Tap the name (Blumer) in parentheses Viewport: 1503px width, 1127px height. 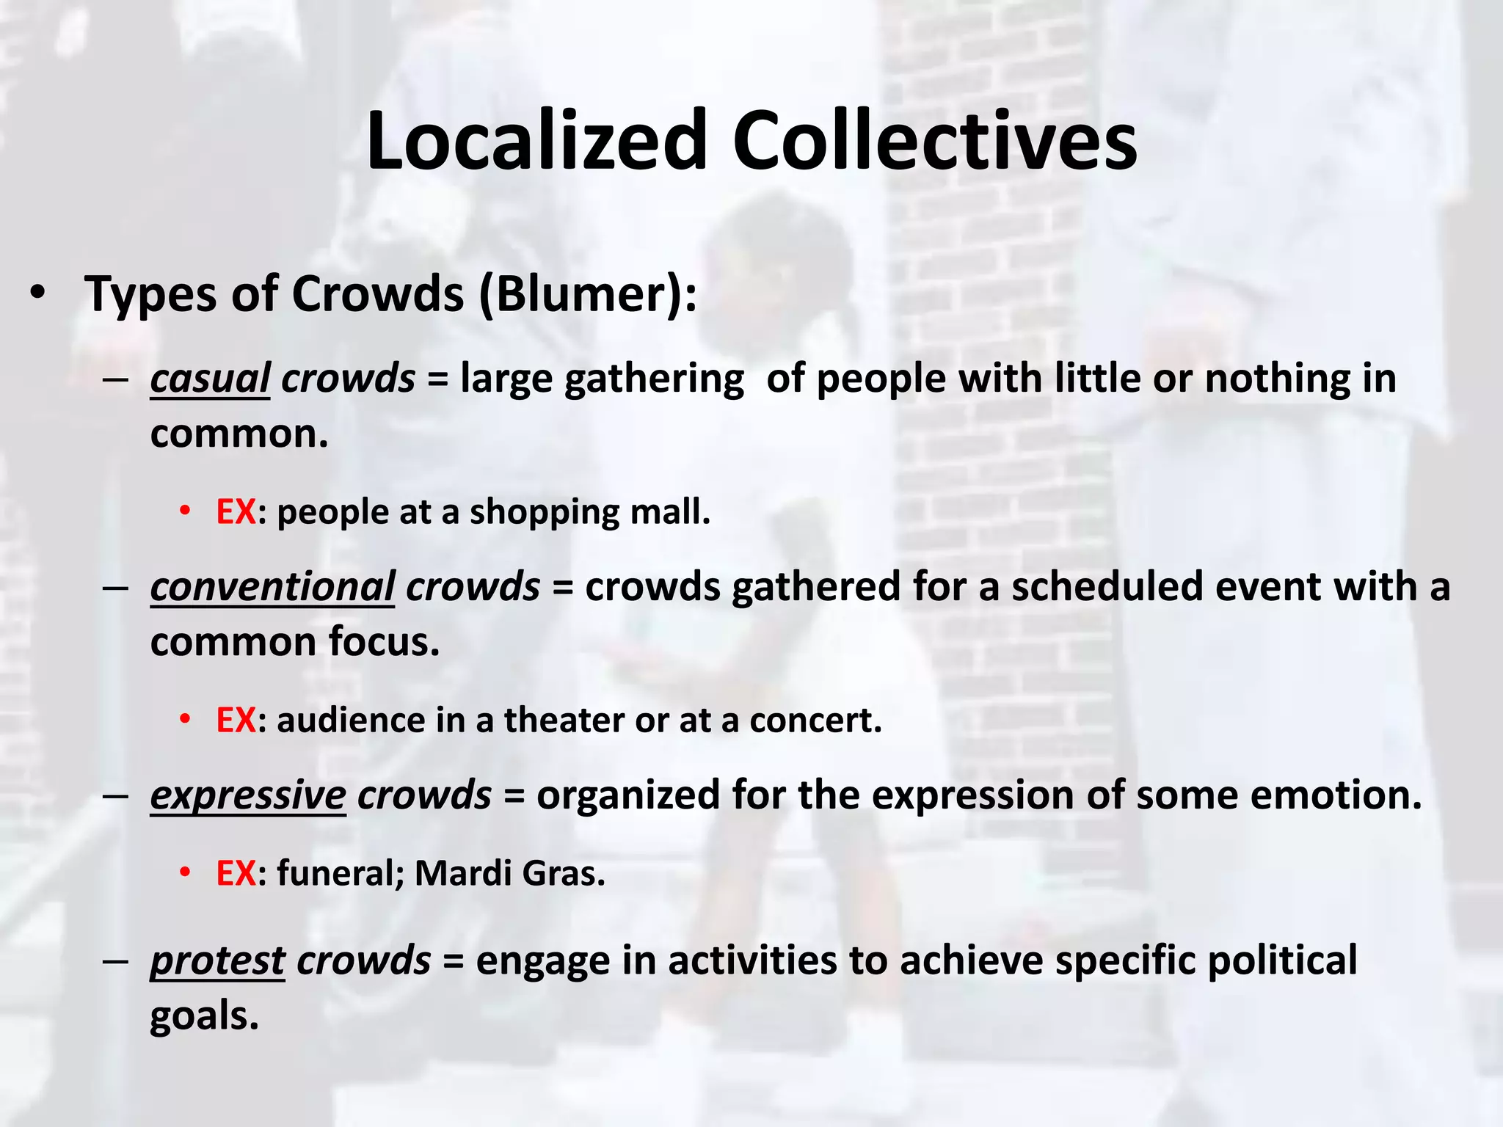[x=588, y=294]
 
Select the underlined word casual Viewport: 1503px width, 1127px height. [x=210, y=379]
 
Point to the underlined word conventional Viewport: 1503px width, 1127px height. [x=272, y=587]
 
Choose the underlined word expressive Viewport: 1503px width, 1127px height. [x=247, y=795]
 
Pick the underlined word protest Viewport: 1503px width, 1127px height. [x=217, y=960]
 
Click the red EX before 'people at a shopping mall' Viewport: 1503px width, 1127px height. [x=236, y=511]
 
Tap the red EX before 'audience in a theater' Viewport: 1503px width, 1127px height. [x=236, y=720]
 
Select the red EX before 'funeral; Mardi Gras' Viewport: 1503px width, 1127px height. [x=236, y=873]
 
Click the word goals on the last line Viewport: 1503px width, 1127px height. [x=204, y=1017]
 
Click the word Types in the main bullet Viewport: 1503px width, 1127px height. [x=150, y=294]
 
